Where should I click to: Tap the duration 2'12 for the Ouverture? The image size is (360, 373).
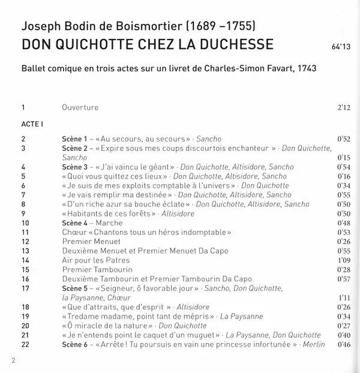(x=343, y=109)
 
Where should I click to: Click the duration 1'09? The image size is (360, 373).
(x=343, y=261)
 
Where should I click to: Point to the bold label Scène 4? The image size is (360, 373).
(x=75, y=222)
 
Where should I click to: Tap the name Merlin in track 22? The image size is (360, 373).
(x=314, y=344)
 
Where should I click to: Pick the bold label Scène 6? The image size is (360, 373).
(x=75, y=344)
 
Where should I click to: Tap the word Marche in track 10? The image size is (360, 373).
(x=109, y=222)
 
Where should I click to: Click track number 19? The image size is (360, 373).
(x=25, y=316)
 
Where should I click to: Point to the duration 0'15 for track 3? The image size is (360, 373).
(x=343, y=157)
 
